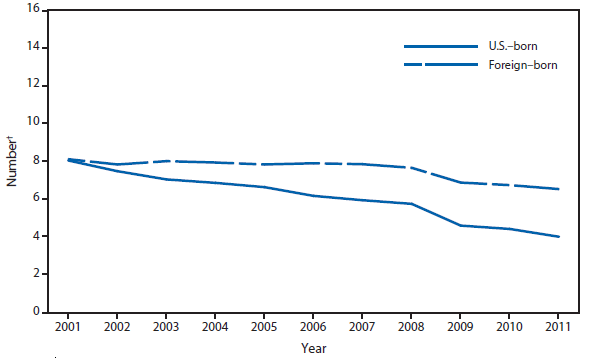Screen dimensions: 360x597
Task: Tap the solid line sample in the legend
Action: tap(440, 47)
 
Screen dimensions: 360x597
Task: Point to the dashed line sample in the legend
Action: tap(440, 64)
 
